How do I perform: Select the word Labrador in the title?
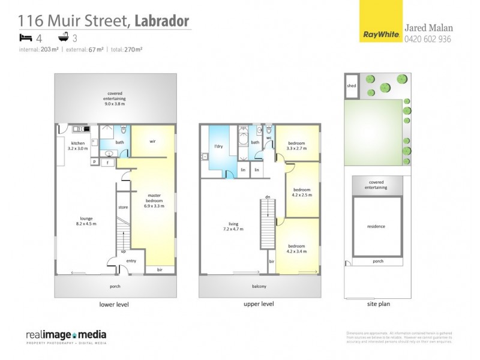[163, 22]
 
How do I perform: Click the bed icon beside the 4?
[26, 37]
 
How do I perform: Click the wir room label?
[152, 142]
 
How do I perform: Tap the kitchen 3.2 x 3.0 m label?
[77, 146]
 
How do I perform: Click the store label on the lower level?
[123, 207]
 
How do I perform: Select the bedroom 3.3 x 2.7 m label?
[296, 146]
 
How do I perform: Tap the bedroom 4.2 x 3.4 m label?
[296, 248]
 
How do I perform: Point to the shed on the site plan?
[351, 86]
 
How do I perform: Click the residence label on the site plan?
[376, 226]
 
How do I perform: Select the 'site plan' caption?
[378, 304]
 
